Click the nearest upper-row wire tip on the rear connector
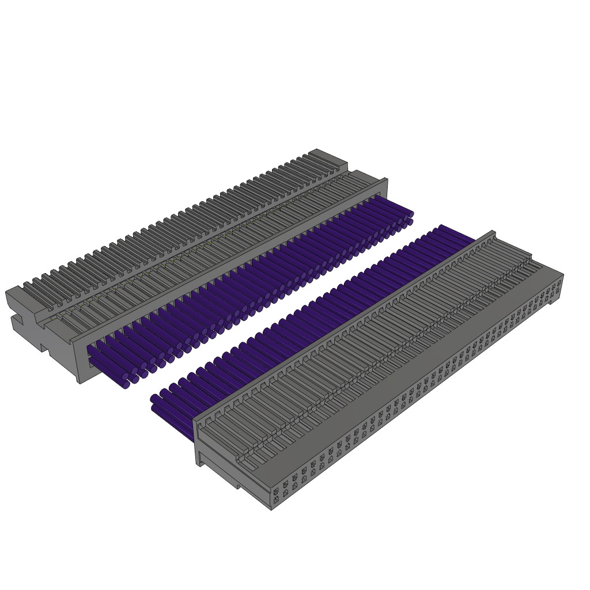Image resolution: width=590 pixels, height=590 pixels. click(x=125, y=376)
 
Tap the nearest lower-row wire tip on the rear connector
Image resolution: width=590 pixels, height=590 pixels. click(x=126, y=384)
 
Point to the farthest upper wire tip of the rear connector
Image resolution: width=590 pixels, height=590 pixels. click(x=411, y=214)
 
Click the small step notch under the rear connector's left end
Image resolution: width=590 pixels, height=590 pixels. click(x=43, y=347)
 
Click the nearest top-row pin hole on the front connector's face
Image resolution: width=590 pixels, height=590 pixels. click(x=276, y=491)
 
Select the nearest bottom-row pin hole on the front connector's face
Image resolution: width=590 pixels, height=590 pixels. click(x=276, y=500)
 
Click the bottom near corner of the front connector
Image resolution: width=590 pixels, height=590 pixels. click(x=271, y=509)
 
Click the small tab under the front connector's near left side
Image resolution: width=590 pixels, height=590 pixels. click(x=237, y=486)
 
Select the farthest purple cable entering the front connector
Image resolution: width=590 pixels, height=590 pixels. click(x=455, y=231)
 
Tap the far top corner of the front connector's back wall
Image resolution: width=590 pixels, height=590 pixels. click(x=493, y=233)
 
